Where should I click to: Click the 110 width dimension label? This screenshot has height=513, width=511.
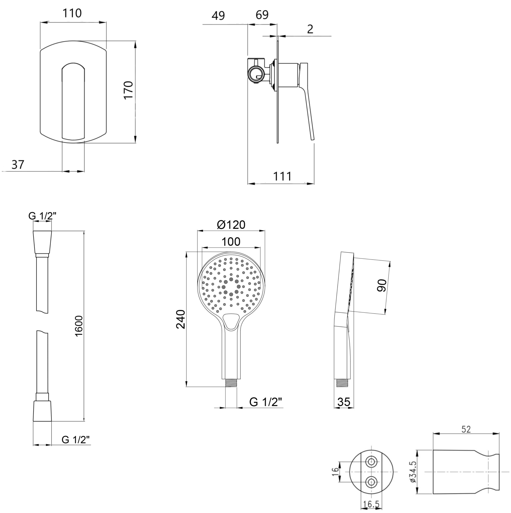(x=72, y=13)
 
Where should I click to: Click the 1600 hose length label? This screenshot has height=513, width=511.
(x=79, y=326)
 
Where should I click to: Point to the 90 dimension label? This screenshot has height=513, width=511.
(x=382, y=285)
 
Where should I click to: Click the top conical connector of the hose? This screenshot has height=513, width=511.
(x=42, y=242)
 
